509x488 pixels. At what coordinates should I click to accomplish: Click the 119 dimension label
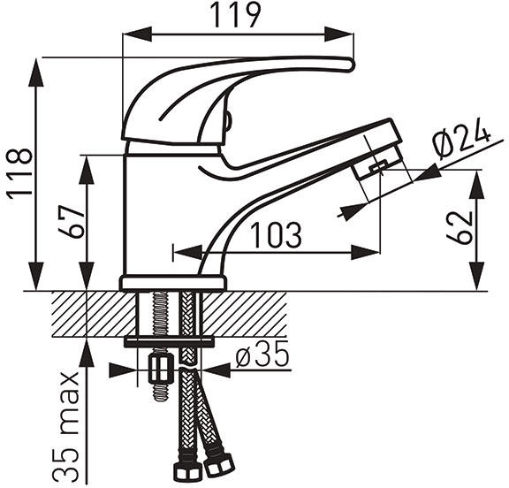click(236, 15)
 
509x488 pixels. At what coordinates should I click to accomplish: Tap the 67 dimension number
click(72, 222)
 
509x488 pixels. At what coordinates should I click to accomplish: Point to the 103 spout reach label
click(277, 235)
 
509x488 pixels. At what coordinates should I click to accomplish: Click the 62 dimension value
click(460, 228)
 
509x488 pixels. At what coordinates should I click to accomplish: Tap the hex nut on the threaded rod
click(159, 369)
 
